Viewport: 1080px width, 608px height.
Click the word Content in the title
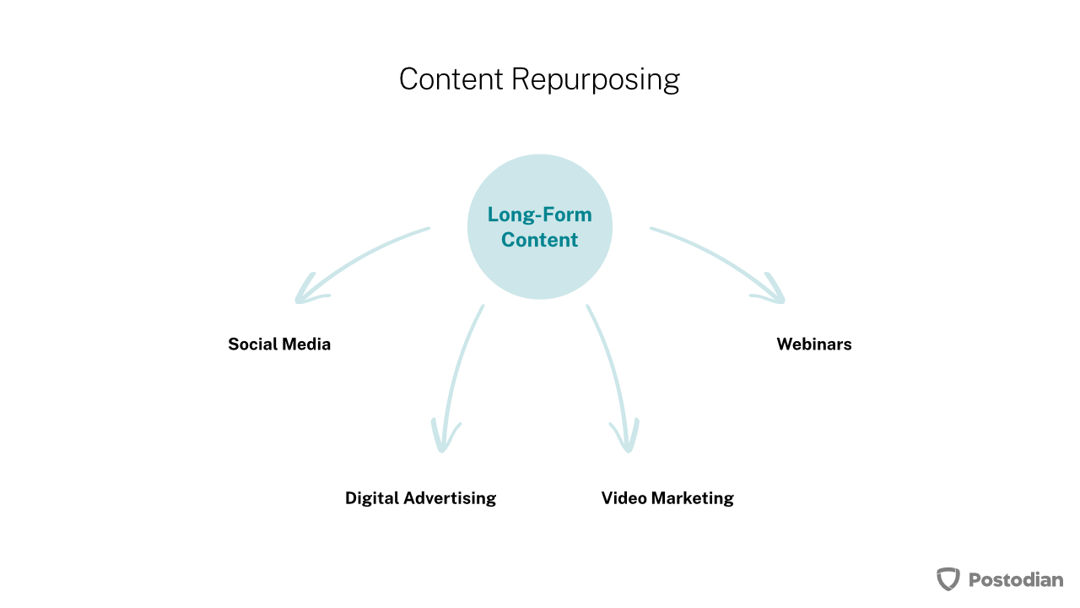[451, 79]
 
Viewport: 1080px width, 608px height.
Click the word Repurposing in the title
[596, 80]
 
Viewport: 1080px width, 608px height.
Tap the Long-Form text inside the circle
[539, 214]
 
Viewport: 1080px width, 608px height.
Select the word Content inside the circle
[539, 240]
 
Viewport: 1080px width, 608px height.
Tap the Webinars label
[814, 344]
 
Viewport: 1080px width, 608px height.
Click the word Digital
[372, 498]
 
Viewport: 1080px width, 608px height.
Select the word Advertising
[451, 498]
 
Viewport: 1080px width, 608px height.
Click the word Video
[624, 498]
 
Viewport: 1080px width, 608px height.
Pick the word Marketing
[693, 498]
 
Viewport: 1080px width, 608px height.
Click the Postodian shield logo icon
[948, 579]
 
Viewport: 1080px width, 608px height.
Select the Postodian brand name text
[1016, 579]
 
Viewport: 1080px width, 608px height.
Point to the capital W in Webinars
[786, 344]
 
